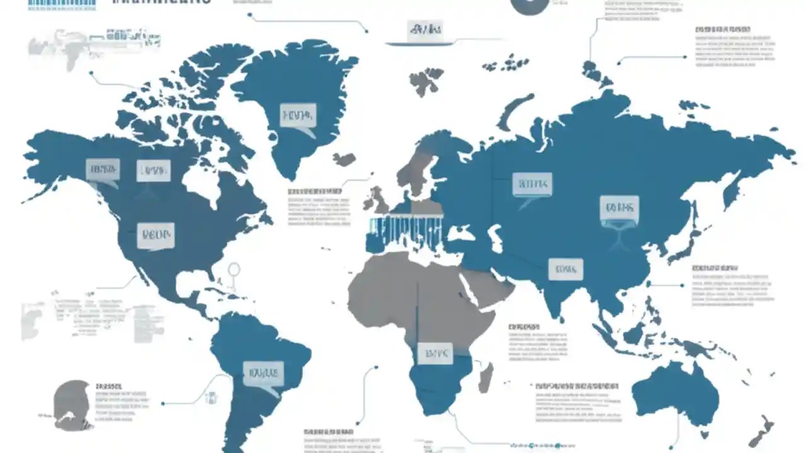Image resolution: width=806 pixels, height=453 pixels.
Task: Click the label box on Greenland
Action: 298,116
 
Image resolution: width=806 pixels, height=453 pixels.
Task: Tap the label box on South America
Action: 263,373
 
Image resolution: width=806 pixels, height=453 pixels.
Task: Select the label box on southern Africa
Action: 434,354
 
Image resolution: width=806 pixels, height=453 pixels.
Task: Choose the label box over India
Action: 565,269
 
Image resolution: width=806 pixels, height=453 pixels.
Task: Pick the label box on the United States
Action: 156,236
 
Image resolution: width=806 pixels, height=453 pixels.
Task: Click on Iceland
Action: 344,159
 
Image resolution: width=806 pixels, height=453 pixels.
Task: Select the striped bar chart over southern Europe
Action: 406,230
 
